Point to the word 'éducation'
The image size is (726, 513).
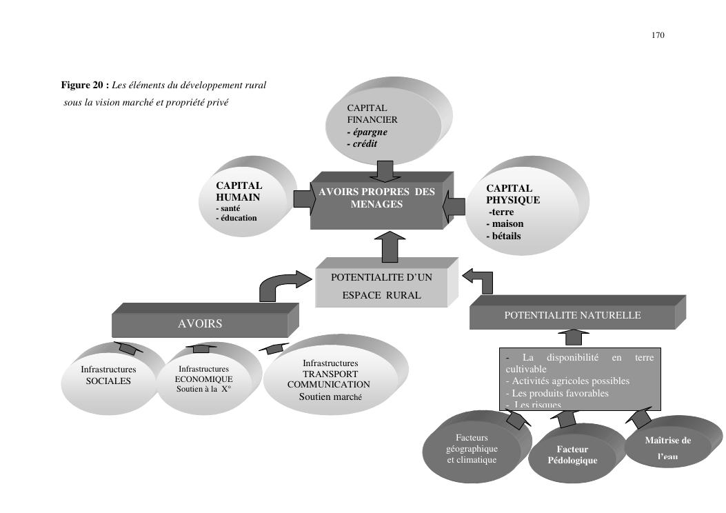point(239,218)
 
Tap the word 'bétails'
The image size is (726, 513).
point(503,236)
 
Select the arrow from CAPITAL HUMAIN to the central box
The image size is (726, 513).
point(303,198)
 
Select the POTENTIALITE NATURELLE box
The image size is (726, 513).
point(572,316)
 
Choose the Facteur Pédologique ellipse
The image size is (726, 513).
point(572,454)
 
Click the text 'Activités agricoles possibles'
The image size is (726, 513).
point(567,381)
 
